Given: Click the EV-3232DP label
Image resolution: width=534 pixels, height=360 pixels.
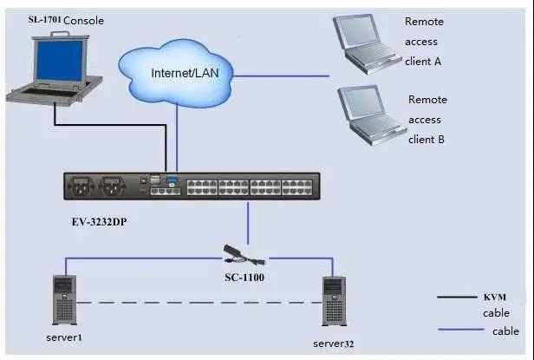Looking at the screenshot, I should tap(103, 220).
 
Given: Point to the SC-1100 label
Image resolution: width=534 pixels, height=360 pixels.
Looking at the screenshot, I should tap(245, 277).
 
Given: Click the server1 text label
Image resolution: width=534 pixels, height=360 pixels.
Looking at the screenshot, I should tap(66, 334).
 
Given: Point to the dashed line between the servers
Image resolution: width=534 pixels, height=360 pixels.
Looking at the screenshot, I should tap(199, 302).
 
